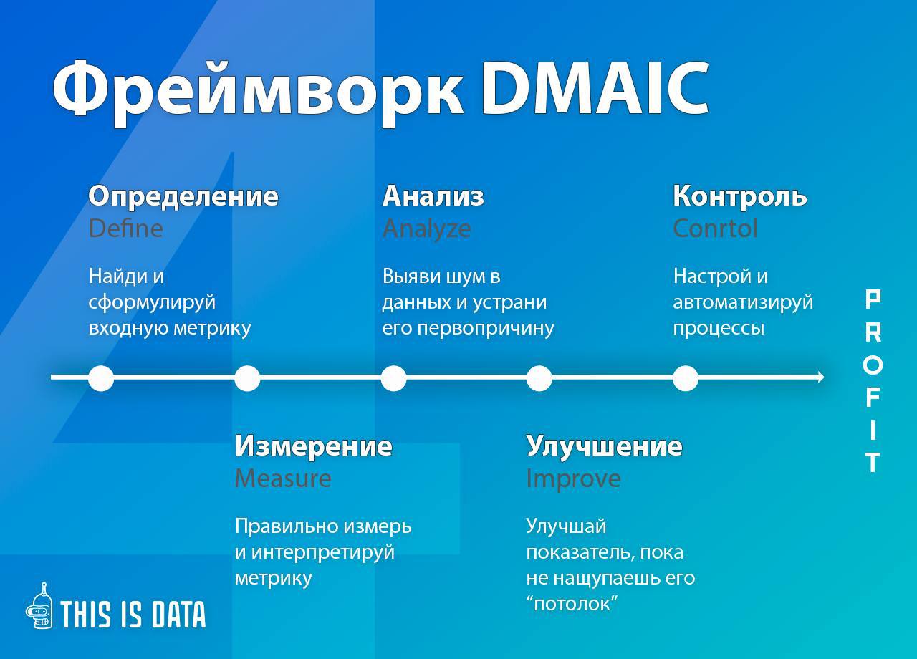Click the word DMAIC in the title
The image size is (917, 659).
click(x=595, y=88)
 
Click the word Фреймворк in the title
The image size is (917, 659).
click(x=258, y=93)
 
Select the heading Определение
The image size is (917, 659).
click(x=183, y=196)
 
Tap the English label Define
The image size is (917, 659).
click(x=125, y=229)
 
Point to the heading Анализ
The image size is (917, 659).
click(x=433, y=196)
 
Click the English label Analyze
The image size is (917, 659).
click(x=426, y=229)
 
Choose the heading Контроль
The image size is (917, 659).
click(x=740, y=196)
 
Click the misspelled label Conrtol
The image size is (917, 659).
click(x=715, y=229)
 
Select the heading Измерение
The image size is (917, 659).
click(x=314, y=446)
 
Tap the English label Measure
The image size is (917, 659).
click(x=283, y=478)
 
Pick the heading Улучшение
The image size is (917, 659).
click(x=604, y=446)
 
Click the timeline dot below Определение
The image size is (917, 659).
click(x=101, y=377)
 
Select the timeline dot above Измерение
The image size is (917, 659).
click(x=247, y=377)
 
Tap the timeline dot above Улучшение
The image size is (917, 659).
click(x=539, y=377)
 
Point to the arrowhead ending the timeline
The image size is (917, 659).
click(x=820, y=377)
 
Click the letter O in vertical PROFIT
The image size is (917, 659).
click(x=873, y=365)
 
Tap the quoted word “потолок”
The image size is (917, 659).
click(x=572, y=603)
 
